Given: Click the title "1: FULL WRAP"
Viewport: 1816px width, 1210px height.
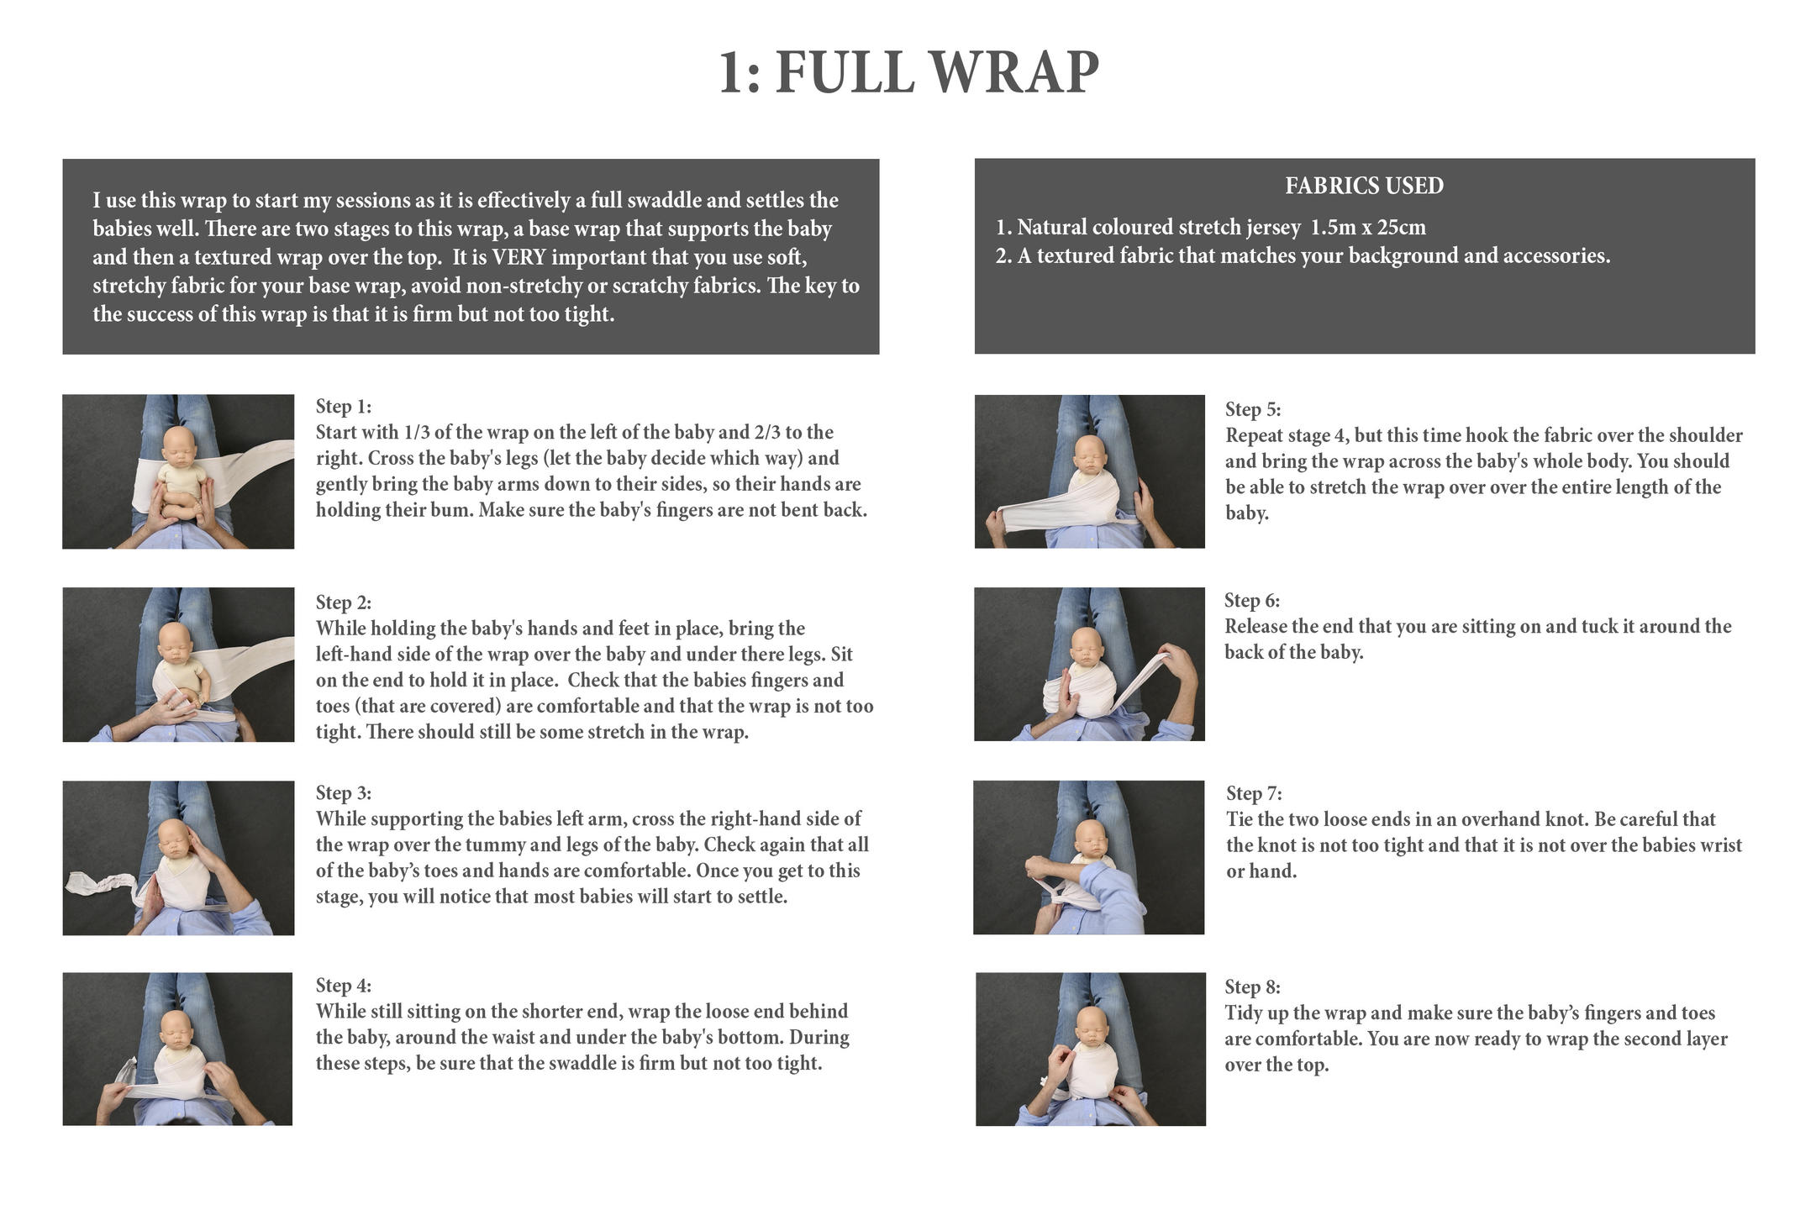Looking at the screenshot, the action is pyautogui.click(x=908, y=72).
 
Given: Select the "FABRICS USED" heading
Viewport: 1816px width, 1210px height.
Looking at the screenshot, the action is pyautogui.click(x=1364, y=186).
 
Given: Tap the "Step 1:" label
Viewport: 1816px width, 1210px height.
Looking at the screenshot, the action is pyautogui.click(x=343, y=407).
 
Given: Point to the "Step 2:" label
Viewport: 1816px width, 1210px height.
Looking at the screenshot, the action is pyautogui.click(x=343, y=602).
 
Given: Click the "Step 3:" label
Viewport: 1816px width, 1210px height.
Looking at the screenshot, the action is pyautogui.click(x=343, y=793).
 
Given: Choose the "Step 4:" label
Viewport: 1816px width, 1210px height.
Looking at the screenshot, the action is pyautogui.click(x=343, y=986).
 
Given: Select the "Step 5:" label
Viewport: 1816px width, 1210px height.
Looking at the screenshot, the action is pyautogui.click(x=1253, y=410).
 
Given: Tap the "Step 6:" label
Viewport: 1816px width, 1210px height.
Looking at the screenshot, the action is pyautogui.click(x=1252, y=601).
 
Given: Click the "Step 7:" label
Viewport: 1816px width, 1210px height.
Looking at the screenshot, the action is pyautogui.click(x=1254, y=794).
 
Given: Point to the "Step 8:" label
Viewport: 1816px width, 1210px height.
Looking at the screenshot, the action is pyautogui.click(x=1252, y=987).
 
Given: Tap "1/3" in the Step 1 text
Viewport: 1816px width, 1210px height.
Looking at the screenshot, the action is pyautogui.click(x=418, y=433).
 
